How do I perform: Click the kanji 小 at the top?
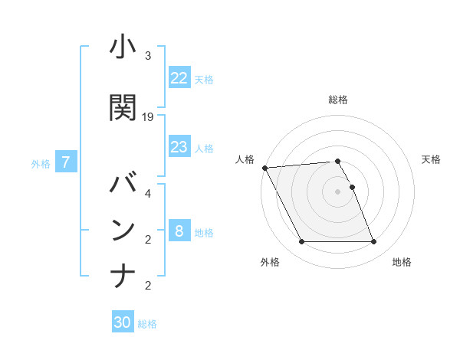point(123,48)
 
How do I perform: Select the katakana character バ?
point(123,185)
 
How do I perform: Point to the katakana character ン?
point(123,230)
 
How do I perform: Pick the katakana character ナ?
point(123,275)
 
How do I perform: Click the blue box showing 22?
point(179,78)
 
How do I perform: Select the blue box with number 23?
point(179,147)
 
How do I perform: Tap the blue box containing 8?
point(179,231)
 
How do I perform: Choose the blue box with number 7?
point(67,162)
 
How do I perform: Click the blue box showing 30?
point(123,322)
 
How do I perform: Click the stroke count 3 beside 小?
point(148,56)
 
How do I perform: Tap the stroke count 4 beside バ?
point(148,193)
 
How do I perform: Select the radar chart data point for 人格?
point(264,168)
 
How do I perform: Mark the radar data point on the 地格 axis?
point(373,242)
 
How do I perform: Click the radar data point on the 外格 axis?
point(301,242)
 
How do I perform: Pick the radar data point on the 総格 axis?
point(337,161)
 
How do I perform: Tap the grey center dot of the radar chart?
point(337,191)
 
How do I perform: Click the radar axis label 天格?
point(432,159)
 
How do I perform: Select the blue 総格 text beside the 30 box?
point(147,324)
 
